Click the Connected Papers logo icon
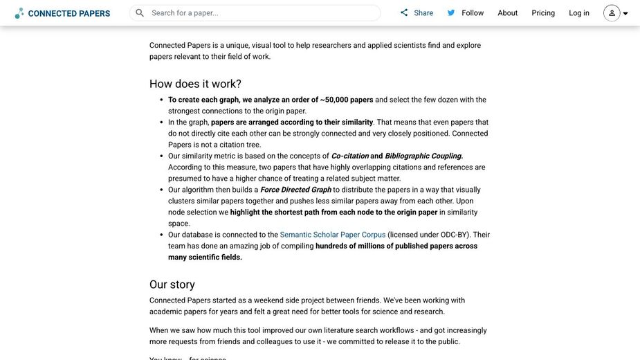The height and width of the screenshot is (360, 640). [19, 13]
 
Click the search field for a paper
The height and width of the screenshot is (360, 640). [263, 13]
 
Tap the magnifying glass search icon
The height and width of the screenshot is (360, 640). [140, 13]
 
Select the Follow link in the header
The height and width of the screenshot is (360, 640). [473, 13]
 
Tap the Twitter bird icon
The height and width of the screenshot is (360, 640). [451, 13]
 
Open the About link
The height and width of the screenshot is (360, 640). [508, 13]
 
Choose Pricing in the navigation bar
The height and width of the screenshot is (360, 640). [543, 13]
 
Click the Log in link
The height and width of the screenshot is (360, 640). [579, 13]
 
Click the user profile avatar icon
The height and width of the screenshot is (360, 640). [612, 13]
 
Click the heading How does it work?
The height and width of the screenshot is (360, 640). [195, 84]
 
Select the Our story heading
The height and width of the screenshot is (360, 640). [172, 285]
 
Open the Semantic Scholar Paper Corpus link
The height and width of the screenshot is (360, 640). [333, 235]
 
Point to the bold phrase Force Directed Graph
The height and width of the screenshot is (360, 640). [295, 190]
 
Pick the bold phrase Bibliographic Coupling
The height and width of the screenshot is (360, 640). [423, 156]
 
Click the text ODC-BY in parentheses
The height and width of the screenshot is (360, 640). [455, 235]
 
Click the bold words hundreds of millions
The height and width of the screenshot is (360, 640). [371, 246]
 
